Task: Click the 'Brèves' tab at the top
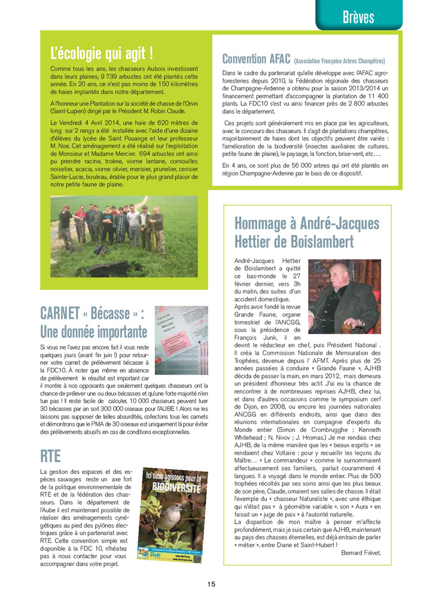358,16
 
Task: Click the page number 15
212,584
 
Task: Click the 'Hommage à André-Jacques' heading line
307,223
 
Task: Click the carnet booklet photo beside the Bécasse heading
181,335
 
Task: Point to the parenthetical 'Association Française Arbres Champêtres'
339,61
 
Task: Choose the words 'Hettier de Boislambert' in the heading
294,243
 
